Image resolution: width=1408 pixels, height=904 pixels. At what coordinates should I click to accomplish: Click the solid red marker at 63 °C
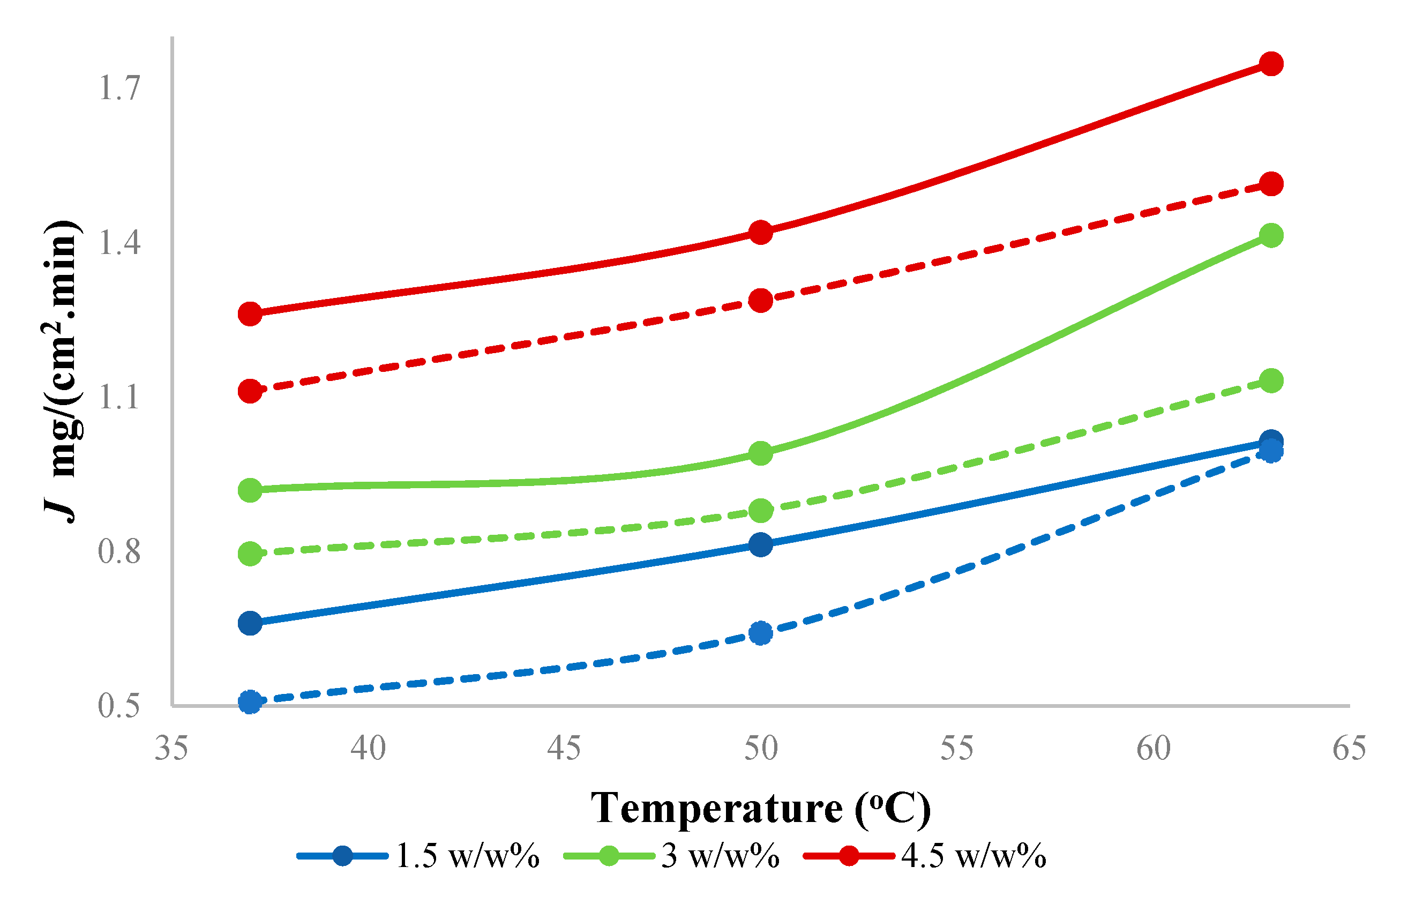1271,63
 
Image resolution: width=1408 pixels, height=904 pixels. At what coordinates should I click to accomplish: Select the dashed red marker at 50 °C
761,301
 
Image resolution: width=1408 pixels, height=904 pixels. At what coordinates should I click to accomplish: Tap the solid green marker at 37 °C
250,490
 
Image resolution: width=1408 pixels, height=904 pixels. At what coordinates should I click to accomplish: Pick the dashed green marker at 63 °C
1271,380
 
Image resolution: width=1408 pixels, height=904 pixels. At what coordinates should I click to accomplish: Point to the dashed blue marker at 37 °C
250,701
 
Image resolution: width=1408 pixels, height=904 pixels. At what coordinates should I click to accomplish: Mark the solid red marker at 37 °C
250,314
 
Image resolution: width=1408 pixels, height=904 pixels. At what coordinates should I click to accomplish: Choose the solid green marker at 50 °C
761,453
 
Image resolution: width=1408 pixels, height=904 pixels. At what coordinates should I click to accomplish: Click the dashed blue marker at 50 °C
761,633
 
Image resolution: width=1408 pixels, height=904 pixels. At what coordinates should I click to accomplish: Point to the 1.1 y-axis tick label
119,398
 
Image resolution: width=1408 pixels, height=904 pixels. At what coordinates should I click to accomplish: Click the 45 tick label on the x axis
564,749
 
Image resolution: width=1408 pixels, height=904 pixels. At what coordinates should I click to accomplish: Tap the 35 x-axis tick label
171,749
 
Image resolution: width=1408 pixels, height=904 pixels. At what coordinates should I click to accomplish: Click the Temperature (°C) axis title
761,808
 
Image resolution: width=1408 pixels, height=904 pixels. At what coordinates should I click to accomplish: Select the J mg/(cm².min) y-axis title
62,371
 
